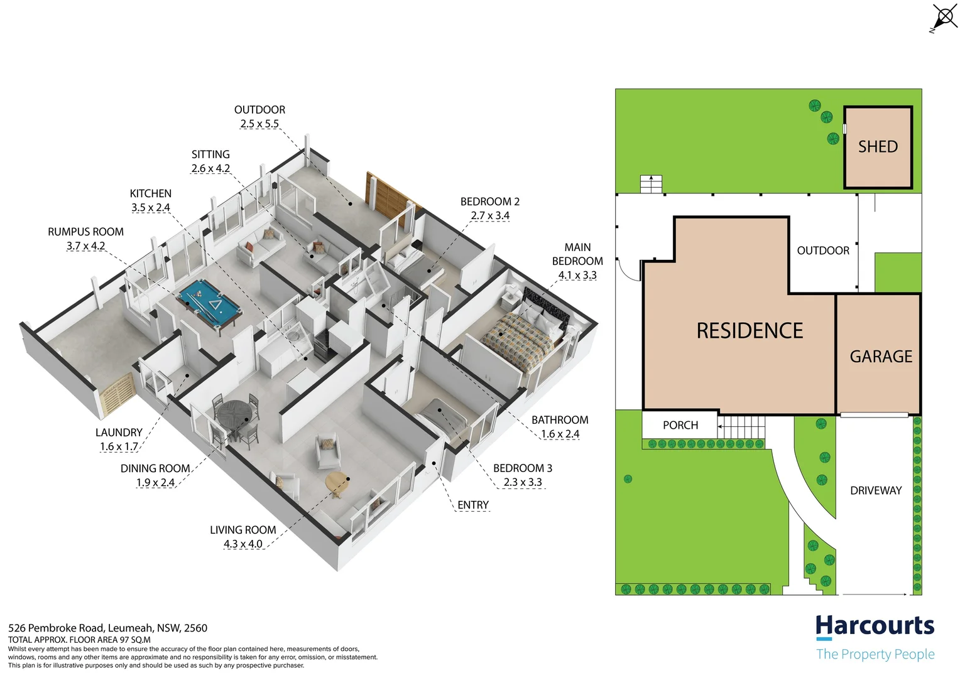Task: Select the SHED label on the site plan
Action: click(878, 147)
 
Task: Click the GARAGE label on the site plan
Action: click(881, 357)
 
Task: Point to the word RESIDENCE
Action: click(750, 331)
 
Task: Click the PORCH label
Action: click(680, 425)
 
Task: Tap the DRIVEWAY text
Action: click(876, 490)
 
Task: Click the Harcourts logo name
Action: click(875, 626)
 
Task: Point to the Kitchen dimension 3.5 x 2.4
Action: click(151, 208)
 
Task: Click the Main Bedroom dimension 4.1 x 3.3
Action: click(577, 275)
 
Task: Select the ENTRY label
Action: click(473, 505)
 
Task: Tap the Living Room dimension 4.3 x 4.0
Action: click(243, 544)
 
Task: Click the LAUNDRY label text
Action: click(119, 433)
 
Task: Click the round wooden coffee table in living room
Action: click(337, 483)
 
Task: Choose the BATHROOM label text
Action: click(560, 420)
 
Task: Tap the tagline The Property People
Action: click(875, 654)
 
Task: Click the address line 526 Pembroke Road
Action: click(107, 628)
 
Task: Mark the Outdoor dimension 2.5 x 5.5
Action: click(259, 124)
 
